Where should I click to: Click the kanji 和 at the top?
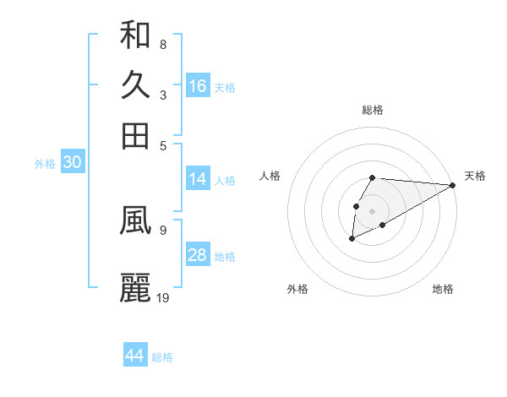pyautogui.click(x=135, y=35)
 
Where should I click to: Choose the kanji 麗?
pyautogui.click(x=135, y=287)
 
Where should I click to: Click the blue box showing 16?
pyautogui.click(x=198, y=86)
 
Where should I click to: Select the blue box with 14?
pyautogui.click(x=198, y=179)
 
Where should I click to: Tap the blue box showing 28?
pyautogui.click(x=198, y=255)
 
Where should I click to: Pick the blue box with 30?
pyautogui.click(x=72, y=163)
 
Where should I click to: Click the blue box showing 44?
pyautogui.click(x=135, y=356)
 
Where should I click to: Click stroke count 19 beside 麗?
pyautogui.click(x=163, y=296)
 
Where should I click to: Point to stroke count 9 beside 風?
pyautogui.click(x=163, y=228)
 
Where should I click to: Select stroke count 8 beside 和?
pyautogui.click(x=163, y=44)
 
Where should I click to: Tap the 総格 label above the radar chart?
pyautogui.click(x=372, y=110)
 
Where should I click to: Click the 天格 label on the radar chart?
pyautogui.click(x=475, y=176)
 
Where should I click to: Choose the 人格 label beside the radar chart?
pyautogui.click(x=270, y=176)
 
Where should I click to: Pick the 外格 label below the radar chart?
pyautogui.click(x=297, y=289)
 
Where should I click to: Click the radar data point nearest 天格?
pyautogui.click(x=453, y=185)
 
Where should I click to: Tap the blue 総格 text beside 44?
pyautogui.click(x=162, y=356)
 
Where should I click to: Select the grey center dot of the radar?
pyautogui.click(x=372, y=210)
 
